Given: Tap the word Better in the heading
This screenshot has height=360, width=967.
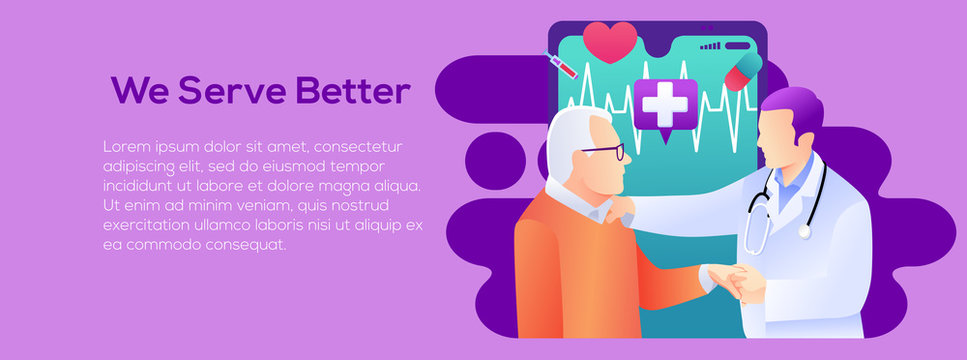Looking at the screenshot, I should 354,91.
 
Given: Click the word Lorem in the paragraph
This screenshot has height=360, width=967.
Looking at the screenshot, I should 125,147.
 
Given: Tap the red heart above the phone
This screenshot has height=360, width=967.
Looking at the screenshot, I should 610,41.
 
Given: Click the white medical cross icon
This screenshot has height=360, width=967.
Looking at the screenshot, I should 664,103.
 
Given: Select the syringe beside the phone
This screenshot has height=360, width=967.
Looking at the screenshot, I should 563,65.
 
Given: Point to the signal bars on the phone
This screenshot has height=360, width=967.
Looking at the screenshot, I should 711,45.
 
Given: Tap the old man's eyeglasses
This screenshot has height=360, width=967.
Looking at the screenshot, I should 606,153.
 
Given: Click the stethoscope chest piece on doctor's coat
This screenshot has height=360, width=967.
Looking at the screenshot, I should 804,232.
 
